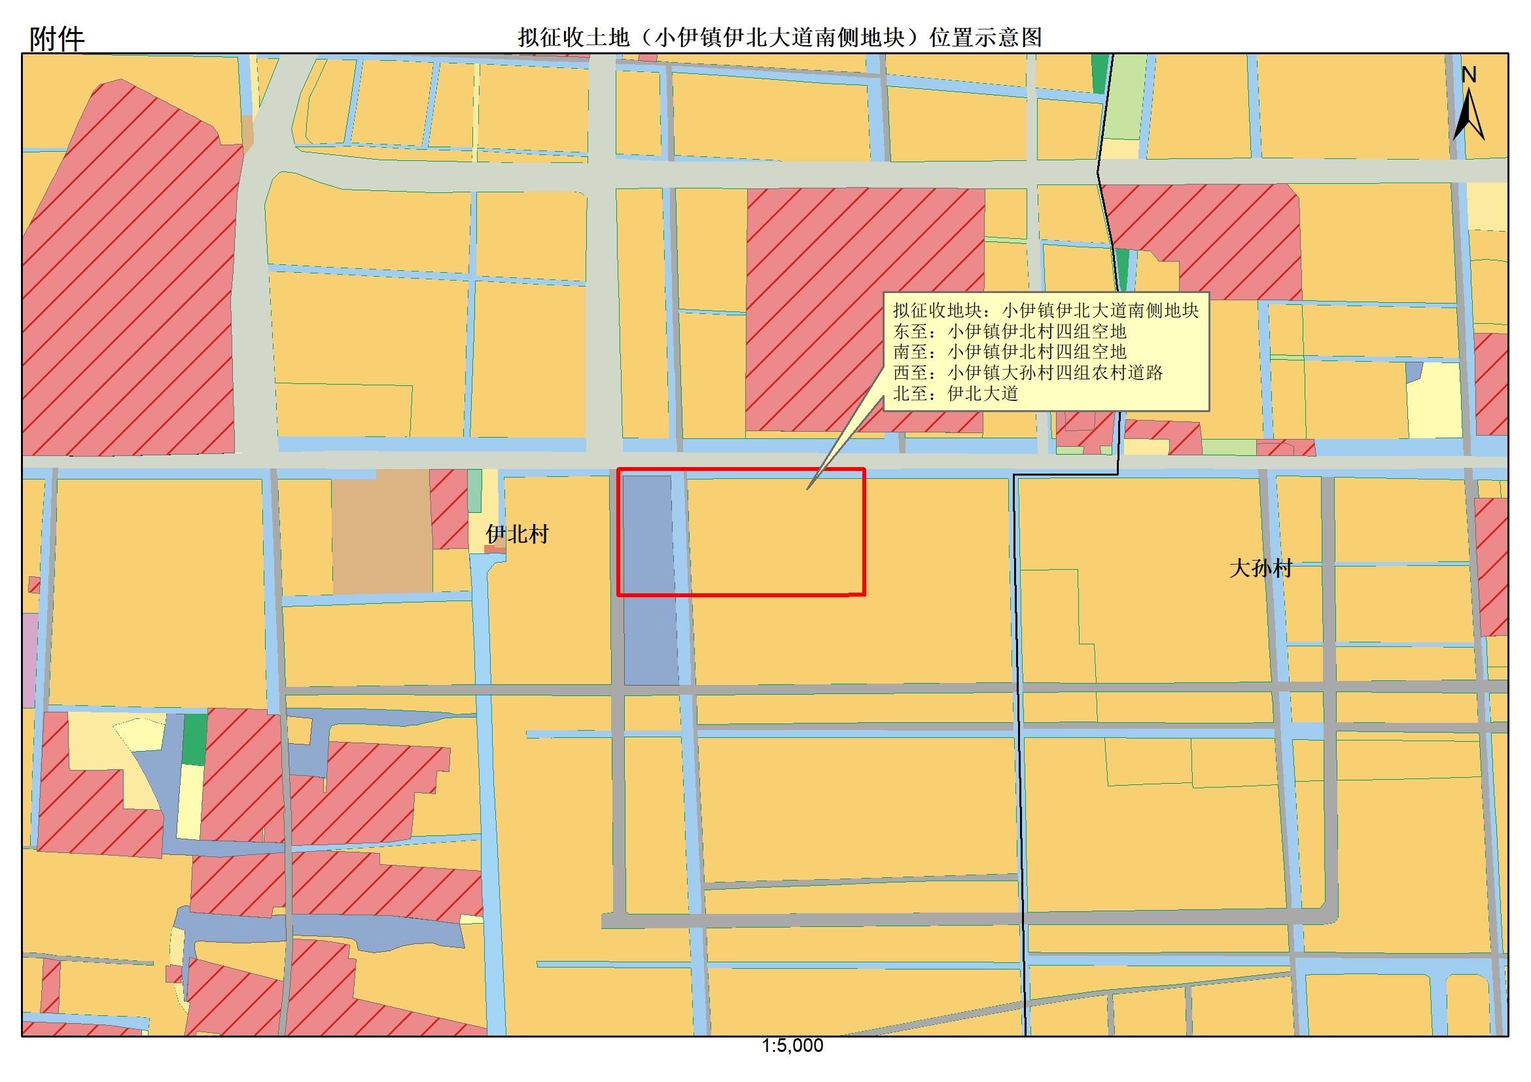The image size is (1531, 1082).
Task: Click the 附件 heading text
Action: tap(57, 39)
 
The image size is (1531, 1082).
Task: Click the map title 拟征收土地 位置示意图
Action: tap(779, 37)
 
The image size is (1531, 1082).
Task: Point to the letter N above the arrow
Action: tap(1468, 75)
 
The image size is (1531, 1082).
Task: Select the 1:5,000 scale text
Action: tap(792, 1045)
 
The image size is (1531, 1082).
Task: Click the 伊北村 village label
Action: tap(517, 534)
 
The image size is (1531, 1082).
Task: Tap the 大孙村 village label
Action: tap(1260, 568)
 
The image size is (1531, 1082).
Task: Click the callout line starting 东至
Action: tap(1010, 331)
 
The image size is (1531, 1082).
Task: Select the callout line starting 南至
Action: tap(1010, 351)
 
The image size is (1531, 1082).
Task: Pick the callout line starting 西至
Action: tap(1028, 372)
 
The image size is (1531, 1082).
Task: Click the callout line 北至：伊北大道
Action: tap(955, 393)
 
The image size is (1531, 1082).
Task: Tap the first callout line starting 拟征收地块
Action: tap(1046, 310)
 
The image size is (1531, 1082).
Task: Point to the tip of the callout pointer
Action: tap(808, 489)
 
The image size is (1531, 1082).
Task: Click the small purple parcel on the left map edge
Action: tap(29, 660)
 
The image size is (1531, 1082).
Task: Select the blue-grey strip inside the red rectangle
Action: tap(648, 533)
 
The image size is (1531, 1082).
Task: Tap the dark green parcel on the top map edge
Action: tap(1099, 74)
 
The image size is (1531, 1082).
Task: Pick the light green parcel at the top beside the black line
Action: tap(1126, 97)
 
